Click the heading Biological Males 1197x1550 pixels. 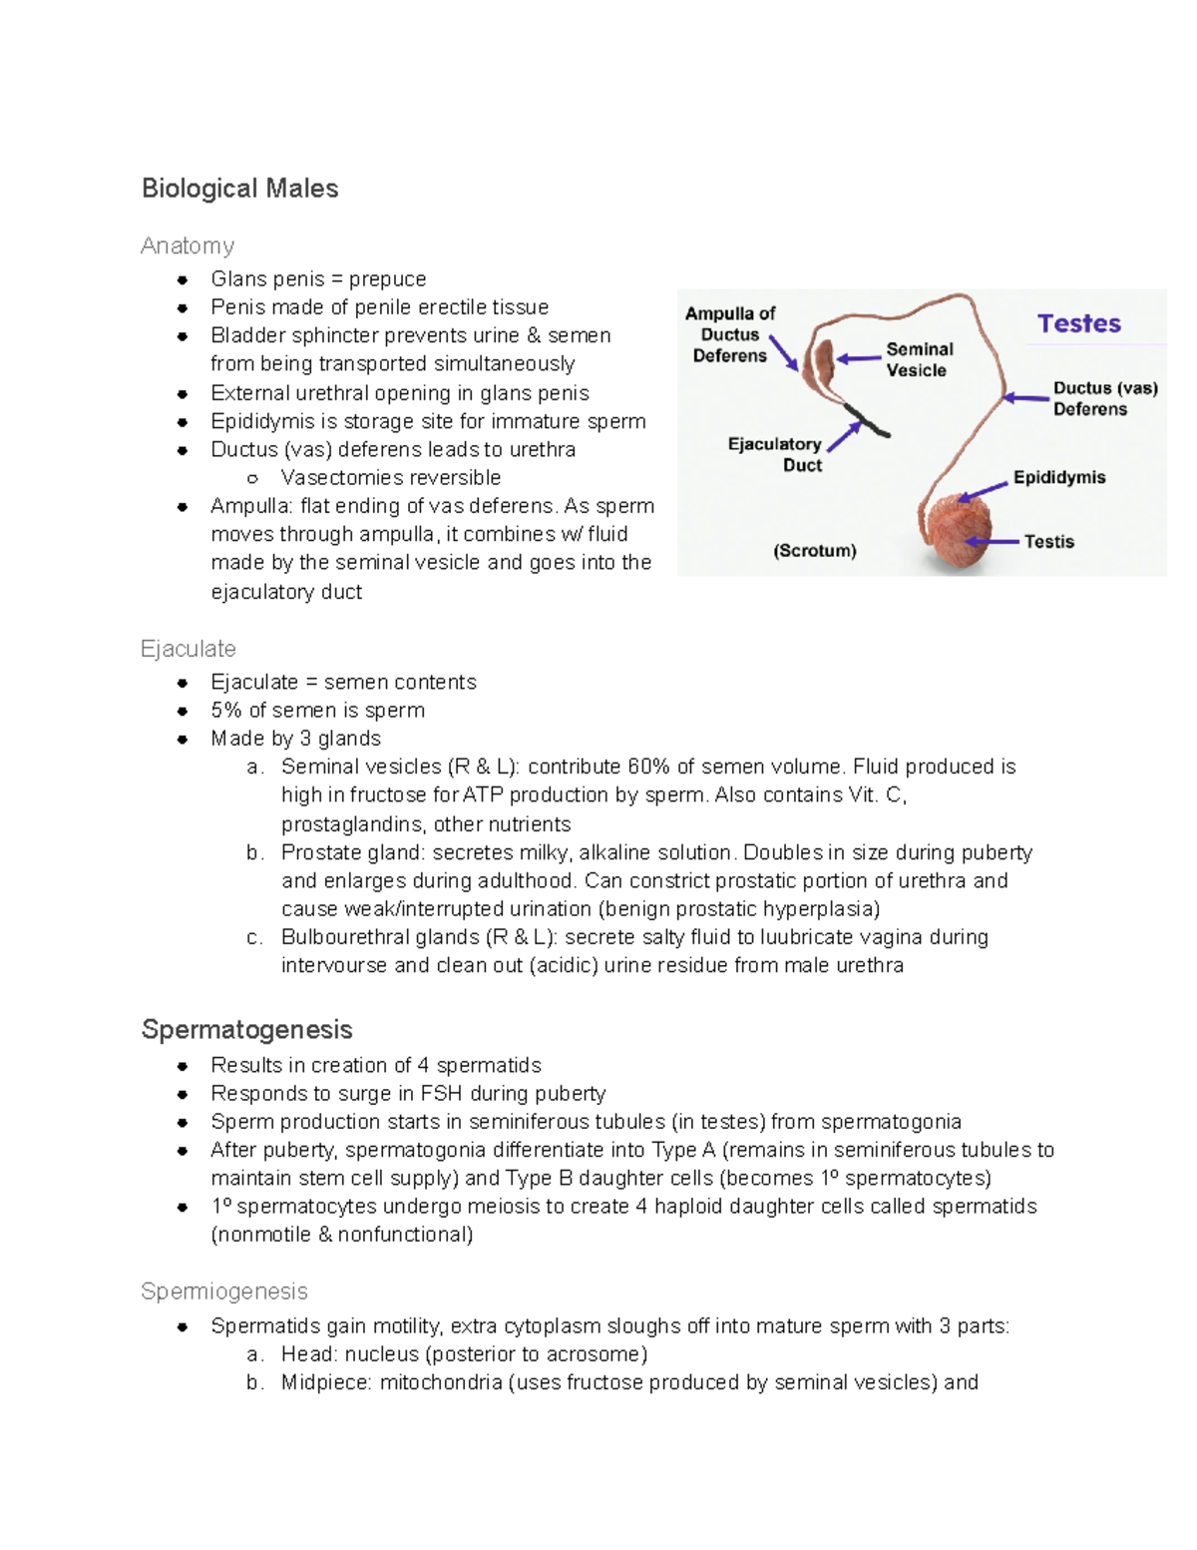click(239, 189)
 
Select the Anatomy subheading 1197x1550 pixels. click(188, 246)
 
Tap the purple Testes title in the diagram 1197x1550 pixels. click(1078, 323)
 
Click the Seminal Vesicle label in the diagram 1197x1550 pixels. click(919, 359)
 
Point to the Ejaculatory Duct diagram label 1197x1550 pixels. click(775, 454)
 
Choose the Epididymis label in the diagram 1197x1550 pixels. click(1058, 477)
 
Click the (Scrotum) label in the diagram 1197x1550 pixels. click(815, 550)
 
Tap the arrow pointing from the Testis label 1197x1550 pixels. click(992, 541)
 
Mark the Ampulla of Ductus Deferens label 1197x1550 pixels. click(730, 334)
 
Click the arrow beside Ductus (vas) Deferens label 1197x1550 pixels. click(1025, 398)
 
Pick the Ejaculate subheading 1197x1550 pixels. click(189, 649)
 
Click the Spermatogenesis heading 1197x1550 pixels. click(247, 1029)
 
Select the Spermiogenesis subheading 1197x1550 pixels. click(224, 1292)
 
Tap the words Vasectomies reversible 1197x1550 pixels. click(390, 478)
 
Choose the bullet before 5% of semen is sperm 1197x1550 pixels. click(183, 711)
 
